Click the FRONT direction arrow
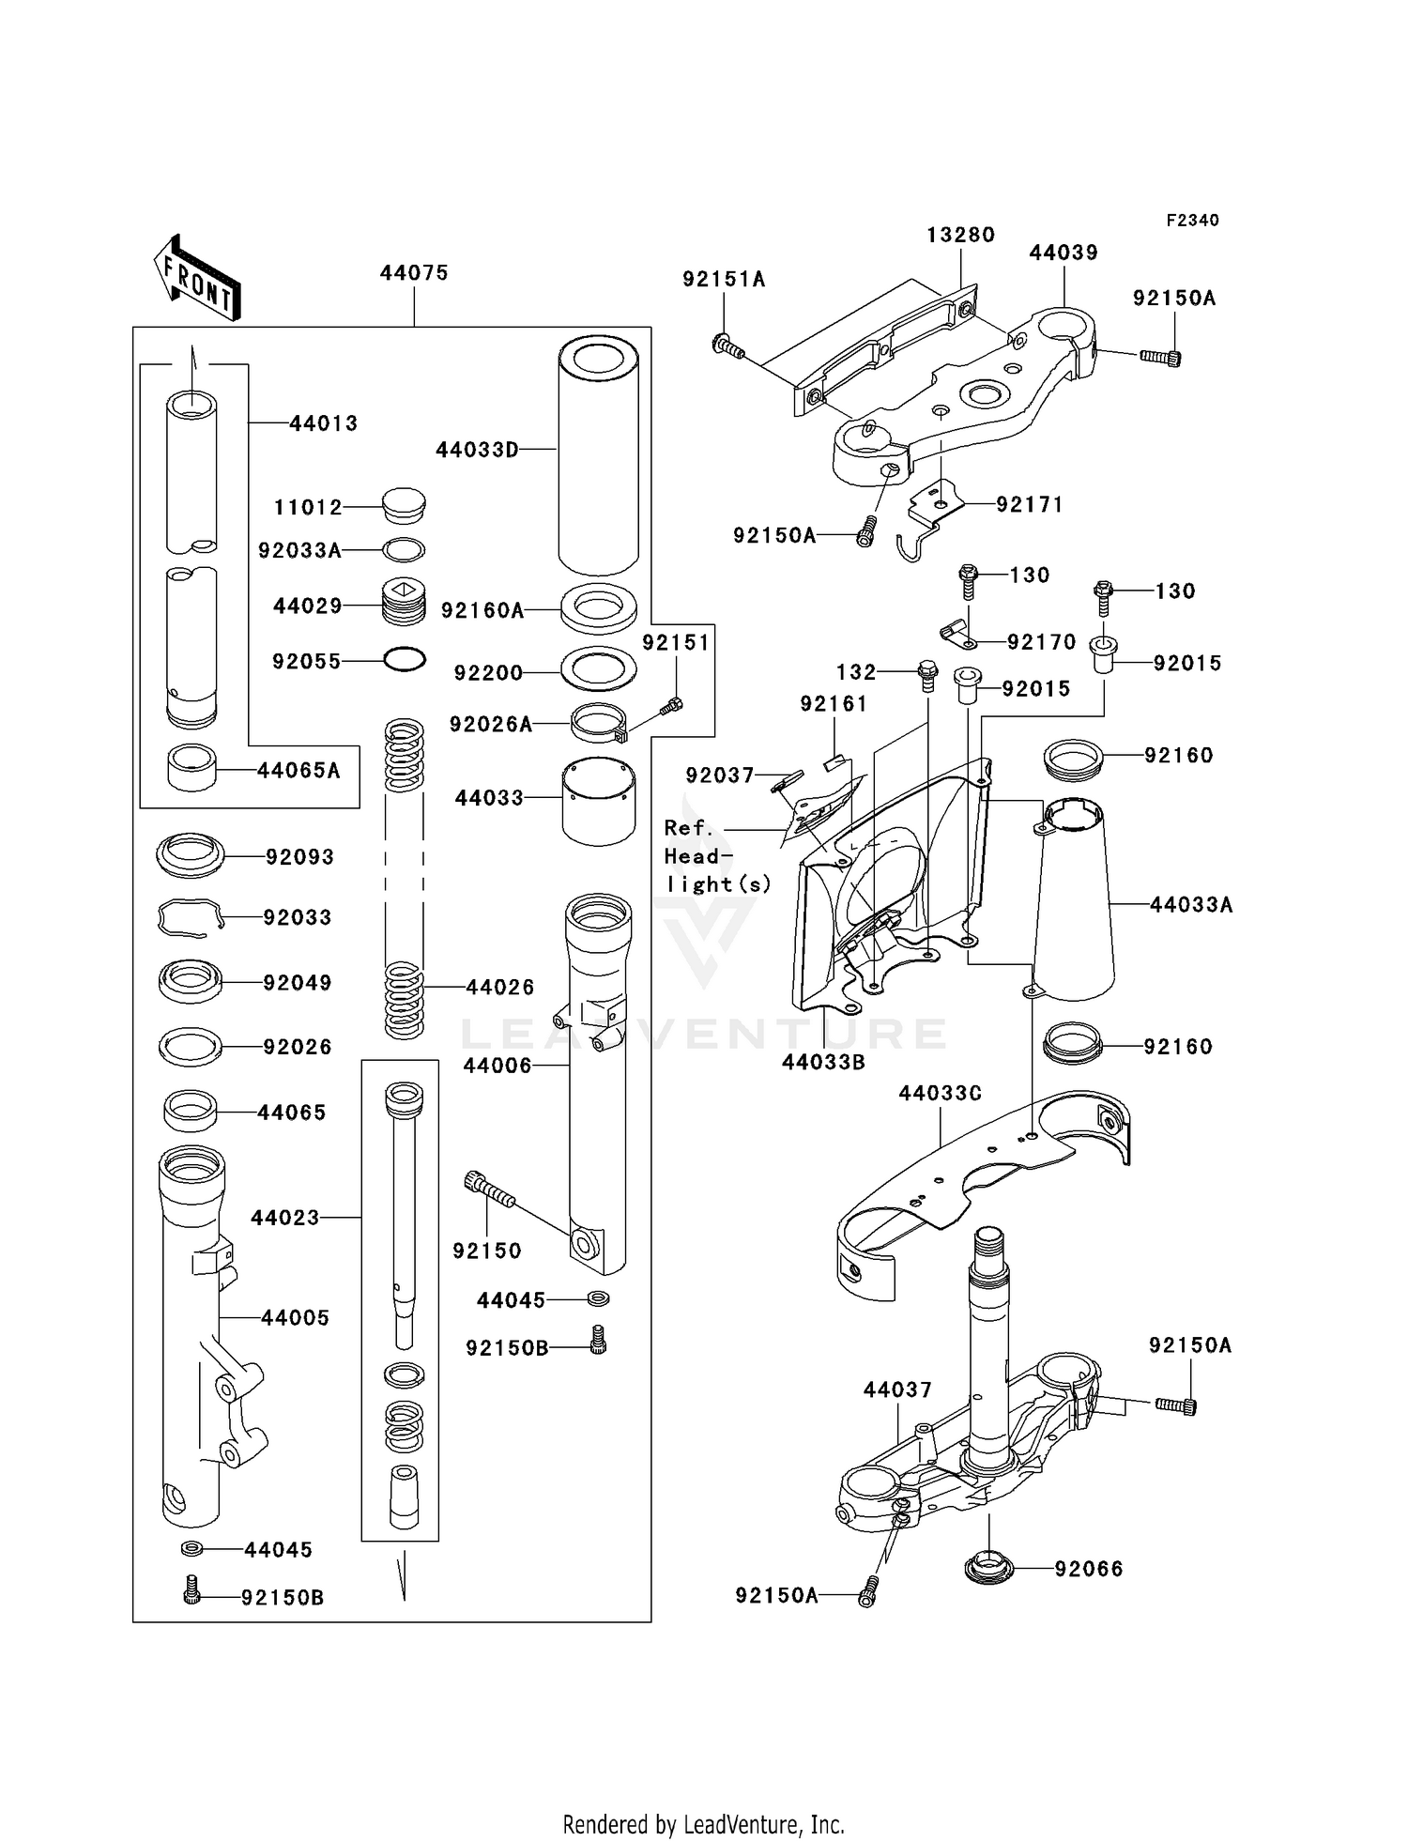tap(197, 279)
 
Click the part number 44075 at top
tap(414, 273)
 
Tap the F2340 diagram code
tap(1192, 221)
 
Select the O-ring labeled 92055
tap(405, 660)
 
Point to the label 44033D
tap(477, 450)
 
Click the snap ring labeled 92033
tap(191, 917)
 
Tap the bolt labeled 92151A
tap(727, 347)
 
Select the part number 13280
tap(960, 235)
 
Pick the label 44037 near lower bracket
tap(897, 1389)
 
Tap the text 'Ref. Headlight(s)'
tap(715, 855)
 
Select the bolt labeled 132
tap(927, 675)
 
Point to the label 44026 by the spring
tap(499, 987)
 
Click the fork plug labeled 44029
tap(405, 606)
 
